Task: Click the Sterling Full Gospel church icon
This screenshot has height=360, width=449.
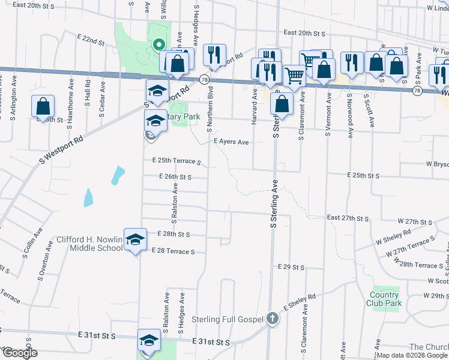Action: pyautogui.click(x=273, y=318)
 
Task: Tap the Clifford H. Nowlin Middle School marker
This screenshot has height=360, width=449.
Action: pyautogui.click(x=136, y=239)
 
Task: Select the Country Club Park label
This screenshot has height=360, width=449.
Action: pyautogui.click(x=384, y=298)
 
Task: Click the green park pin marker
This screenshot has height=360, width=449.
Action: pyautogui.click(x=158, y=44)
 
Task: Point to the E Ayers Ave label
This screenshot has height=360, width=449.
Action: pyautogui.click(x=231, y=142)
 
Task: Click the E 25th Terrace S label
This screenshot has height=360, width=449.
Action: pyautogui.click(x=176, y=161)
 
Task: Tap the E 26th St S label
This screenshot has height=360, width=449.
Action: pyautogui.click(x=175, y=177)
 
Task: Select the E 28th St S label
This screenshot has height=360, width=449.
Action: pyautogui.click(x=173, y=234)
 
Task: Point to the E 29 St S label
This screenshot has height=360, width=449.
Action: pyautogui.click(x=291, y=266)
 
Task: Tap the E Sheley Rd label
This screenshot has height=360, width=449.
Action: pyautogui.click(x=298, y=303)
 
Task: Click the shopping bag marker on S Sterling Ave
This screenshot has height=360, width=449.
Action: pyautogui.click(x=282, y=103)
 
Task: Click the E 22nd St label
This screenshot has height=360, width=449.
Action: pyautogui.click(x=91, y=40)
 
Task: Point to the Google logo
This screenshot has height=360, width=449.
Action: pyautogui.click(x=19, y=353)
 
